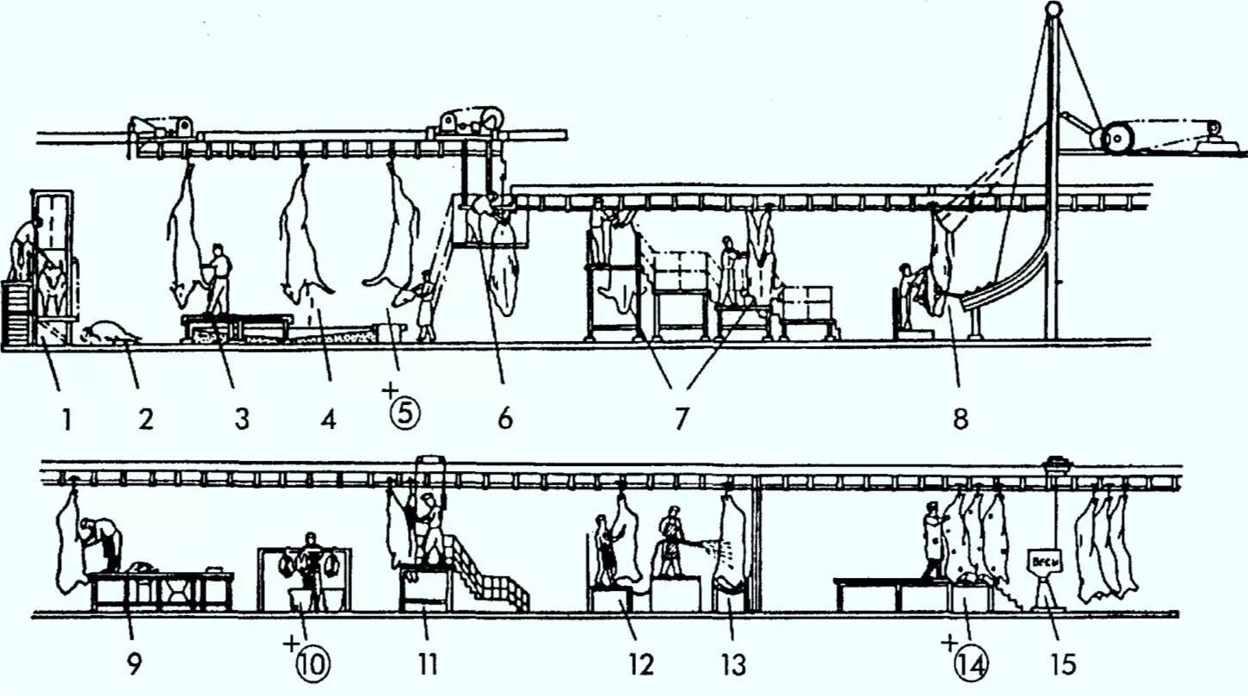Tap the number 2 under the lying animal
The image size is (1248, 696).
[x=145, y=420]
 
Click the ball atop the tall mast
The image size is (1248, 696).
[x=1052, y=9]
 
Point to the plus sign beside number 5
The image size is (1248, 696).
[x=389, y=392]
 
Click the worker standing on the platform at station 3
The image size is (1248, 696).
[x=217, y=280]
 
